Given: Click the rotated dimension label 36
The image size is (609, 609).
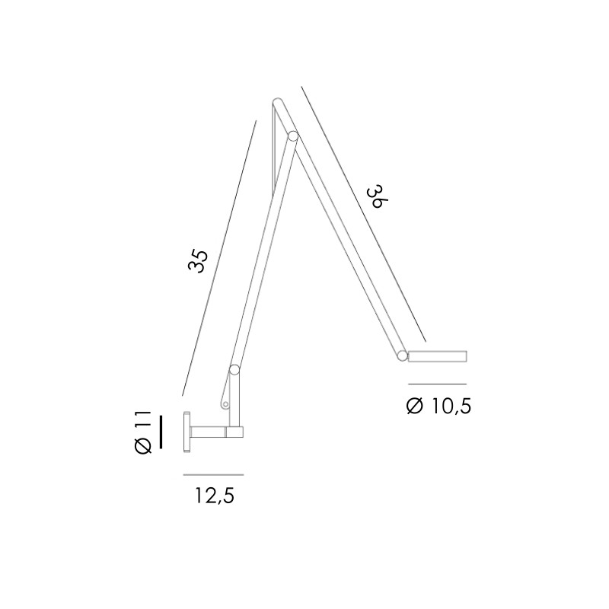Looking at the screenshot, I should click(x=374, y=198).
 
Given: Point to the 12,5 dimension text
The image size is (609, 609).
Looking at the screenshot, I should click(x=214, y=496).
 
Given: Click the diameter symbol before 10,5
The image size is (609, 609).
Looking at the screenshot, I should click(x=415, y=407).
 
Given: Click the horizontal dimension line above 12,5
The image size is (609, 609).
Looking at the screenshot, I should click(x=213, y=475).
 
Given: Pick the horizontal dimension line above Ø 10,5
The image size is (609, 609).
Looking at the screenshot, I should click(x=437, y=384).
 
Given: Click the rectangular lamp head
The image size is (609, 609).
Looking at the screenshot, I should click(x=438, y=356).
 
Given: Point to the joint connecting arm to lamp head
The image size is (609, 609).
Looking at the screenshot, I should click(x=401, y=354).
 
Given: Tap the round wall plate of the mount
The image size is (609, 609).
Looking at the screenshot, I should click(x=186, y=432).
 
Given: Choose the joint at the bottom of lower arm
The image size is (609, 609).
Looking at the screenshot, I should click(x=234, y=371).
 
